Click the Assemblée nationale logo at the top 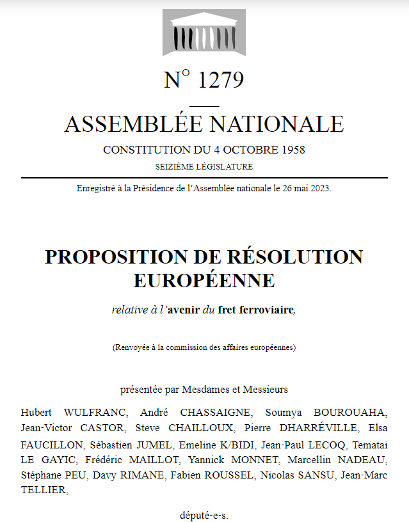point(204,33)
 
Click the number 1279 point(221,81)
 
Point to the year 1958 point(292,150)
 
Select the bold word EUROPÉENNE point(204,280)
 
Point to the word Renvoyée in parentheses point(132,348)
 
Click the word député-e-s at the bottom point(204,515)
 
